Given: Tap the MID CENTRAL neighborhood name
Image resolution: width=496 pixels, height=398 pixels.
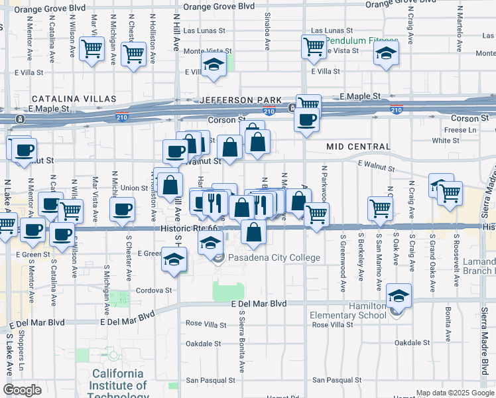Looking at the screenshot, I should tap(358, 146).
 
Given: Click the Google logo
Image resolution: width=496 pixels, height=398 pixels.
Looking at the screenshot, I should tap(22, 390).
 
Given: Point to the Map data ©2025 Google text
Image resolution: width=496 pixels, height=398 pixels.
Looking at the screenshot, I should tap(455, 393).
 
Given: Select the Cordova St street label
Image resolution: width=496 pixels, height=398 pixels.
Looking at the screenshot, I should tap(154, 290).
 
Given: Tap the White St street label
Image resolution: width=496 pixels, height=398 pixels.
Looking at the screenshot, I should tap(445, 141).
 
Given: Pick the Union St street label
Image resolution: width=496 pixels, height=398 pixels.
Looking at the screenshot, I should tap(133, 188).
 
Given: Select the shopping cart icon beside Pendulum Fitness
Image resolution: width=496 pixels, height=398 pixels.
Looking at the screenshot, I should tap(313, 46).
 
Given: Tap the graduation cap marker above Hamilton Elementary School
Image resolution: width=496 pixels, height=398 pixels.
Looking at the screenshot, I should tap(399, 295).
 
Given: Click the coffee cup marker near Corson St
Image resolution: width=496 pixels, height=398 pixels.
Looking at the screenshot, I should tap(306, 119).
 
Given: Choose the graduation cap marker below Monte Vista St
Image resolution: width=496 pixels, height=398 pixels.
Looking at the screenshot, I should tap(214, 65).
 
